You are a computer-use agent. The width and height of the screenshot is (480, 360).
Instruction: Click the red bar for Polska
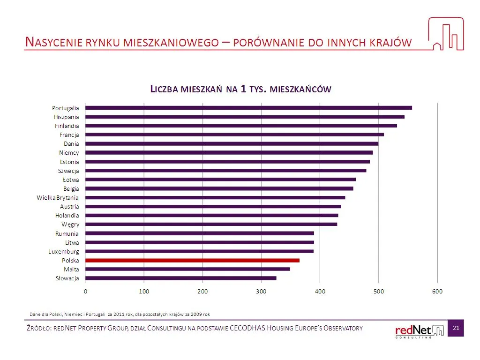(192, 260)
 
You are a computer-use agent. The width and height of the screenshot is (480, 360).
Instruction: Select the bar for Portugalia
(248, 108)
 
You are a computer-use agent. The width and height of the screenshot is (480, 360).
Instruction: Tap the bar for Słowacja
(181, 278)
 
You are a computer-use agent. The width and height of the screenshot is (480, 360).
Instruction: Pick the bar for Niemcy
(229, 152)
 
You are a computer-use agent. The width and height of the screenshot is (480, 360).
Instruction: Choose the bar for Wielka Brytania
(215, 197)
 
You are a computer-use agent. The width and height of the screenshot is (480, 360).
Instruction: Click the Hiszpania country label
(66, 117)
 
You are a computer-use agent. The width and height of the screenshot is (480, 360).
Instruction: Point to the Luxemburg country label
(63, 251)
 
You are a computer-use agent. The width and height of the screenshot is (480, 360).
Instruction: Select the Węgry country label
(70, 225)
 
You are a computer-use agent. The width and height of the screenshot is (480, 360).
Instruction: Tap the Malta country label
(71, 269)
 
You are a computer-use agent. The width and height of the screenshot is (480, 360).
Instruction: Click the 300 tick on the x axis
(261, 291)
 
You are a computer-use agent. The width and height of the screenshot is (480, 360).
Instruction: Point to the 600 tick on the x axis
(437, 291)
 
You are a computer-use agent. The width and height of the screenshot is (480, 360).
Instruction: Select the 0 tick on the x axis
(85, 291)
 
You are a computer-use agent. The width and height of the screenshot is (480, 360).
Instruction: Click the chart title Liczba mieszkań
(240, 89)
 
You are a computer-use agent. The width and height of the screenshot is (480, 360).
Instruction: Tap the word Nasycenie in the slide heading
(53, 42)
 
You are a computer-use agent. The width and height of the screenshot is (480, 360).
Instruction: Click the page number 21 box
(455, 328)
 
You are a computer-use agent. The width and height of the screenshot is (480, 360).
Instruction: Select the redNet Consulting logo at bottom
(419, 330)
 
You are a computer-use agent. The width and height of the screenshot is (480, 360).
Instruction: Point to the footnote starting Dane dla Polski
(120, 313)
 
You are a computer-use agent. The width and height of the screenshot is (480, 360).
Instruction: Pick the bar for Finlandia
(241, 126)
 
